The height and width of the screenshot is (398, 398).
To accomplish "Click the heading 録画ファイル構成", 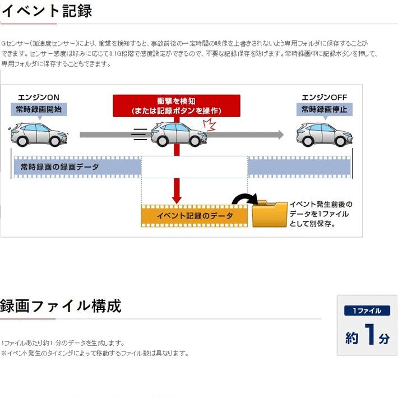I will click(x=61, y=306).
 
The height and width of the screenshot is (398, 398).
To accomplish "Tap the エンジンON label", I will click(x=39, y=96).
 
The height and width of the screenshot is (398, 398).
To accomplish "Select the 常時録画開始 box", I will click(x=39, y=109).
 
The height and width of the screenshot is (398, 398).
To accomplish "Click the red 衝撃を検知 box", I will click(x=176, y=105).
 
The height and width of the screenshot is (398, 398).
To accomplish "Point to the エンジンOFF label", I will click(x=324, y=96).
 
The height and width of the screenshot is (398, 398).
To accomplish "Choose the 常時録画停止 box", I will click(x=324, y=109).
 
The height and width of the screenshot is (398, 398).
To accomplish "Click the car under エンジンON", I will click(x=34, y=135).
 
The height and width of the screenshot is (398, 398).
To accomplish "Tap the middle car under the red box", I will click(x=176, y=135).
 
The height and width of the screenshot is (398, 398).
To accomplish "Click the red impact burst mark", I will click(x=209, y=124).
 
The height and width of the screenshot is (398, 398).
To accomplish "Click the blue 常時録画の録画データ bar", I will click(x=77, y=167).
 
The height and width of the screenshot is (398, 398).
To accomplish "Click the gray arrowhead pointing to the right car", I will click(x=279, y=135).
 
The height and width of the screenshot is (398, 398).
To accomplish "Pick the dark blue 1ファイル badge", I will click(x=367, y=311).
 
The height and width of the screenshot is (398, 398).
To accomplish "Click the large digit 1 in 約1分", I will click(x=369, y=335).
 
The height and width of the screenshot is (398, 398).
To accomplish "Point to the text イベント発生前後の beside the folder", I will click(x=321, y=205).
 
